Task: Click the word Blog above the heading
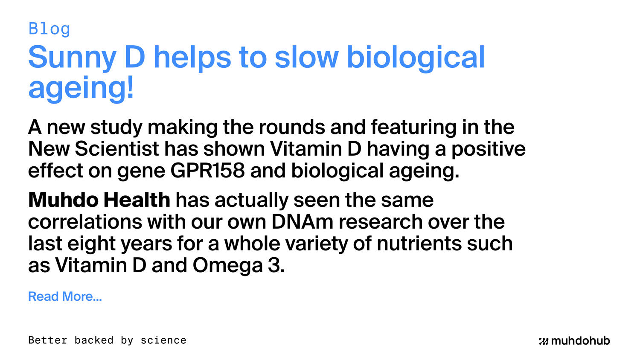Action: [x=49, y=29]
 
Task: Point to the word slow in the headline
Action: [x=306, y=58]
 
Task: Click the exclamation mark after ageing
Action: [x=130, y=88]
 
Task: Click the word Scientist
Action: [x=117, y=149]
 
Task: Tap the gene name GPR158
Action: [x=208, y=171]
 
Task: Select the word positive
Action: [x=489, y=149]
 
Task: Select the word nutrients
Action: [x=419, y=244]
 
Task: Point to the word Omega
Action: [x=227, y=265]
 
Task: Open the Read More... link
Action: [x=65, y=296]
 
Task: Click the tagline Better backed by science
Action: [x=107, y=340]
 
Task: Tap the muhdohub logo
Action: [x=574, y=341]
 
